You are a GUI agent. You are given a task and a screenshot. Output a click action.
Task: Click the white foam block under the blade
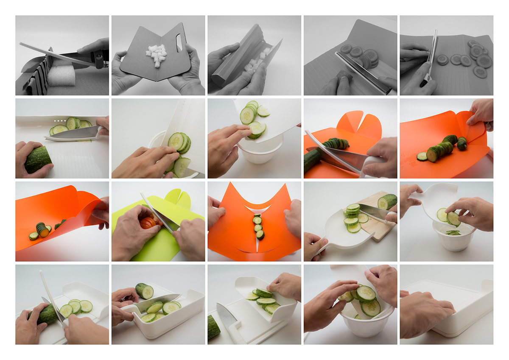pos(62,76)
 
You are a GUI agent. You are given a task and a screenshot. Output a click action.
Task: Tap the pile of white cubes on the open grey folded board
pos(156,54)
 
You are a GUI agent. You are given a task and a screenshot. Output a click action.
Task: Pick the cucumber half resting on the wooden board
pos(387,201)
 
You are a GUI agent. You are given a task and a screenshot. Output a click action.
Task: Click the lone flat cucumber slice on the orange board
pos(422,156)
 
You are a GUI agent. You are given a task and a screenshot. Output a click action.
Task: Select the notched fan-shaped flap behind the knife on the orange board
pos(359,126)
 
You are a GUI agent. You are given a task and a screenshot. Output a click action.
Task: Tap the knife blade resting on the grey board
pos(363,72)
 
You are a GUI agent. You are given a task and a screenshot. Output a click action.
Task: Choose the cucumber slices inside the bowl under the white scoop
pos(453,232)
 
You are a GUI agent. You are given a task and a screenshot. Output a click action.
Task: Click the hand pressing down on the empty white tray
pos(426,314)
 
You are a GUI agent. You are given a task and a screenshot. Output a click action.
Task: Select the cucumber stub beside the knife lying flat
pos(214,327)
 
